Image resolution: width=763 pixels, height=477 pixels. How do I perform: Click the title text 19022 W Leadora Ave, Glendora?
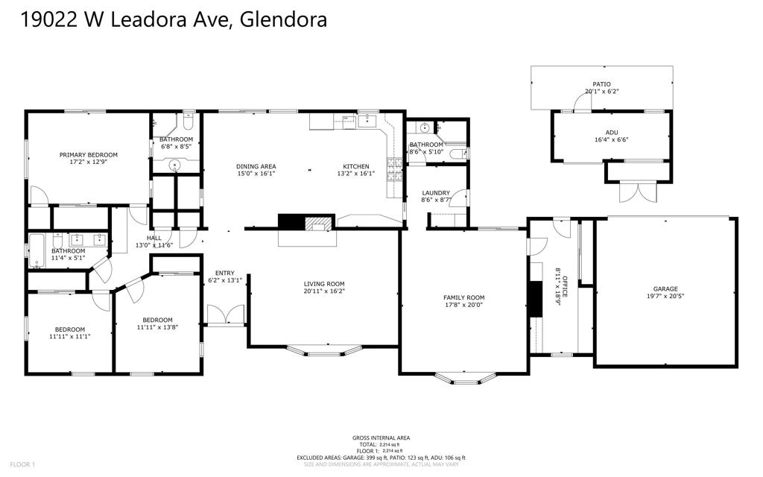click(x=174, y=20)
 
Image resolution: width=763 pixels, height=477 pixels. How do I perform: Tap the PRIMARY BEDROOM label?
click(x=89, y=155)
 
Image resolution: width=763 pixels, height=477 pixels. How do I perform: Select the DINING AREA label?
click(x=256, y=166)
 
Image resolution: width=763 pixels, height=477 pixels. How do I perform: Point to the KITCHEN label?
click(x=355, y=166)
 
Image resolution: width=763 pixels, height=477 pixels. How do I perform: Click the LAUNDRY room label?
click(x=436, y=193)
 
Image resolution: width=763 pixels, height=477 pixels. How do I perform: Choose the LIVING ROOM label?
click(x=324, y=283)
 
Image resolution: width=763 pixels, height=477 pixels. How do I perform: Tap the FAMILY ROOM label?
click(x=464, y=297)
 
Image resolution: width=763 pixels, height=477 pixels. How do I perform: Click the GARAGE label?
click(x=665, y=289)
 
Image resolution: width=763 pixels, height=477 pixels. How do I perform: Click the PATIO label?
click(x=601, y=84)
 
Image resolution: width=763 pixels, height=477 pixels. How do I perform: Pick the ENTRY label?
click(x=224, y=273)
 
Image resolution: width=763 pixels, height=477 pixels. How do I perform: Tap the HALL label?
click(x=154, y=238)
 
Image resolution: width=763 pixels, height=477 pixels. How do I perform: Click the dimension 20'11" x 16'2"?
click(x=324, y=291)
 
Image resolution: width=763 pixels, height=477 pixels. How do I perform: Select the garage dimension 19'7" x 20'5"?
click(x=665, y=297)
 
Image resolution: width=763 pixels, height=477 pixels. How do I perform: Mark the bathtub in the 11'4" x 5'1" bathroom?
click(x=36, y=250)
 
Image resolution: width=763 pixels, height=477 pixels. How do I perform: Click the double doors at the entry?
click(x=225, y=315)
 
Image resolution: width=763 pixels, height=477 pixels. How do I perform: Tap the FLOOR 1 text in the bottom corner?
click(x=23, y=465)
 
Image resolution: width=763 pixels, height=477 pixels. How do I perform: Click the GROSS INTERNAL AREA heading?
click(x=381, y=438)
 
